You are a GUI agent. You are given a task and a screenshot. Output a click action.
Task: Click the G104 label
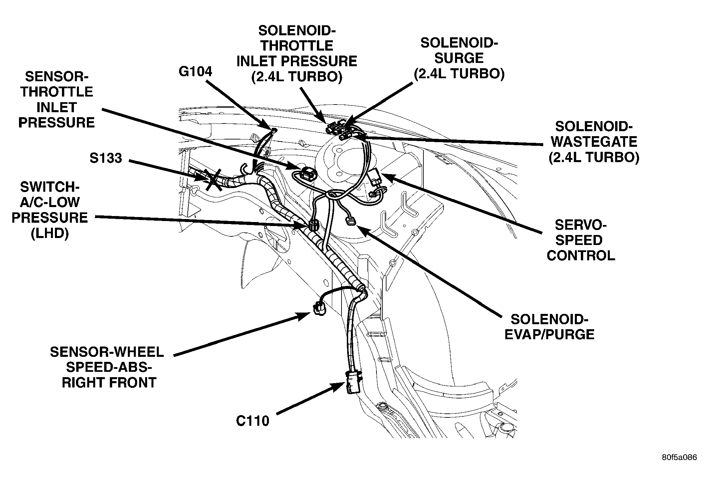pos(195,72)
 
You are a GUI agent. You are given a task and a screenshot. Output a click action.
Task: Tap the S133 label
pos(106,158)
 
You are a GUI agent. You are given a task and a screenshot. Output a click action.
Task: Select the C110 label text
pos(253,421)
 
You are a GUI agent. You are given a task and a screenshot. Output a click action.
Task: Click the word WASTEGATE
pos(594,142)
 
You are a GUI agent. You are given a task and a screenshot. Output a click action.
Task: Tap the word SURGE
pos(459,58)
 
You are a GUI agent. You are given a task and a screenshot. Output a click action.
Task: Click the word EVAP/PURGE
pos(549,335)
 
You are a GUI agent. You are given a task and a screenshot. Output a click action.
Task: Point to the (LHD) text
pos(50,233)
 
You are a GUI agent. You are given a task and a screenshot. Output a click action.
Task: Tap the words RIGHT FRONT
pos(109,382)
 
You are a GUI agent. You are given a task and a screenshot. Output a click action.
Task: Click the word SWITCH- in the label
pos(50,187)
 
